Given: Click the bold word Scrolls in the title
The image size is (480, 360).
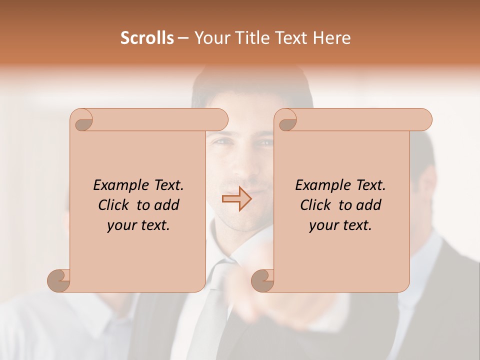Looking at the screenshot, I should pyautogui.click(x=147, y=38).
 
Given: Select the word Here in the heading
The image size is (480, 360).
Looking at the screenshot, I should pyautogui.click(x=332, y=38).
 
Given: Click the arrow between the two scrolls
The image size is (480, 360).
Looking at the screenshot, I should pyautogui.click(x=236, y=199).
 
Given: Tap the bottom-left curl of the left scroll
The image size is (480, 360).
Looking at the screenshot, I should pyautogui.click(x=58, y=280).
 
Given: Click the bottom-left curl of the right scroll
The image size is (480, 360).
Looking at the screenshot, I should pyautogui.click(x=262, y=280).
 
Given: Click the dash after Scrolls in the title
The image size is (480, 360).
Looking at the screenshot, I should pyautogui.click(x=183, y=38).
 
